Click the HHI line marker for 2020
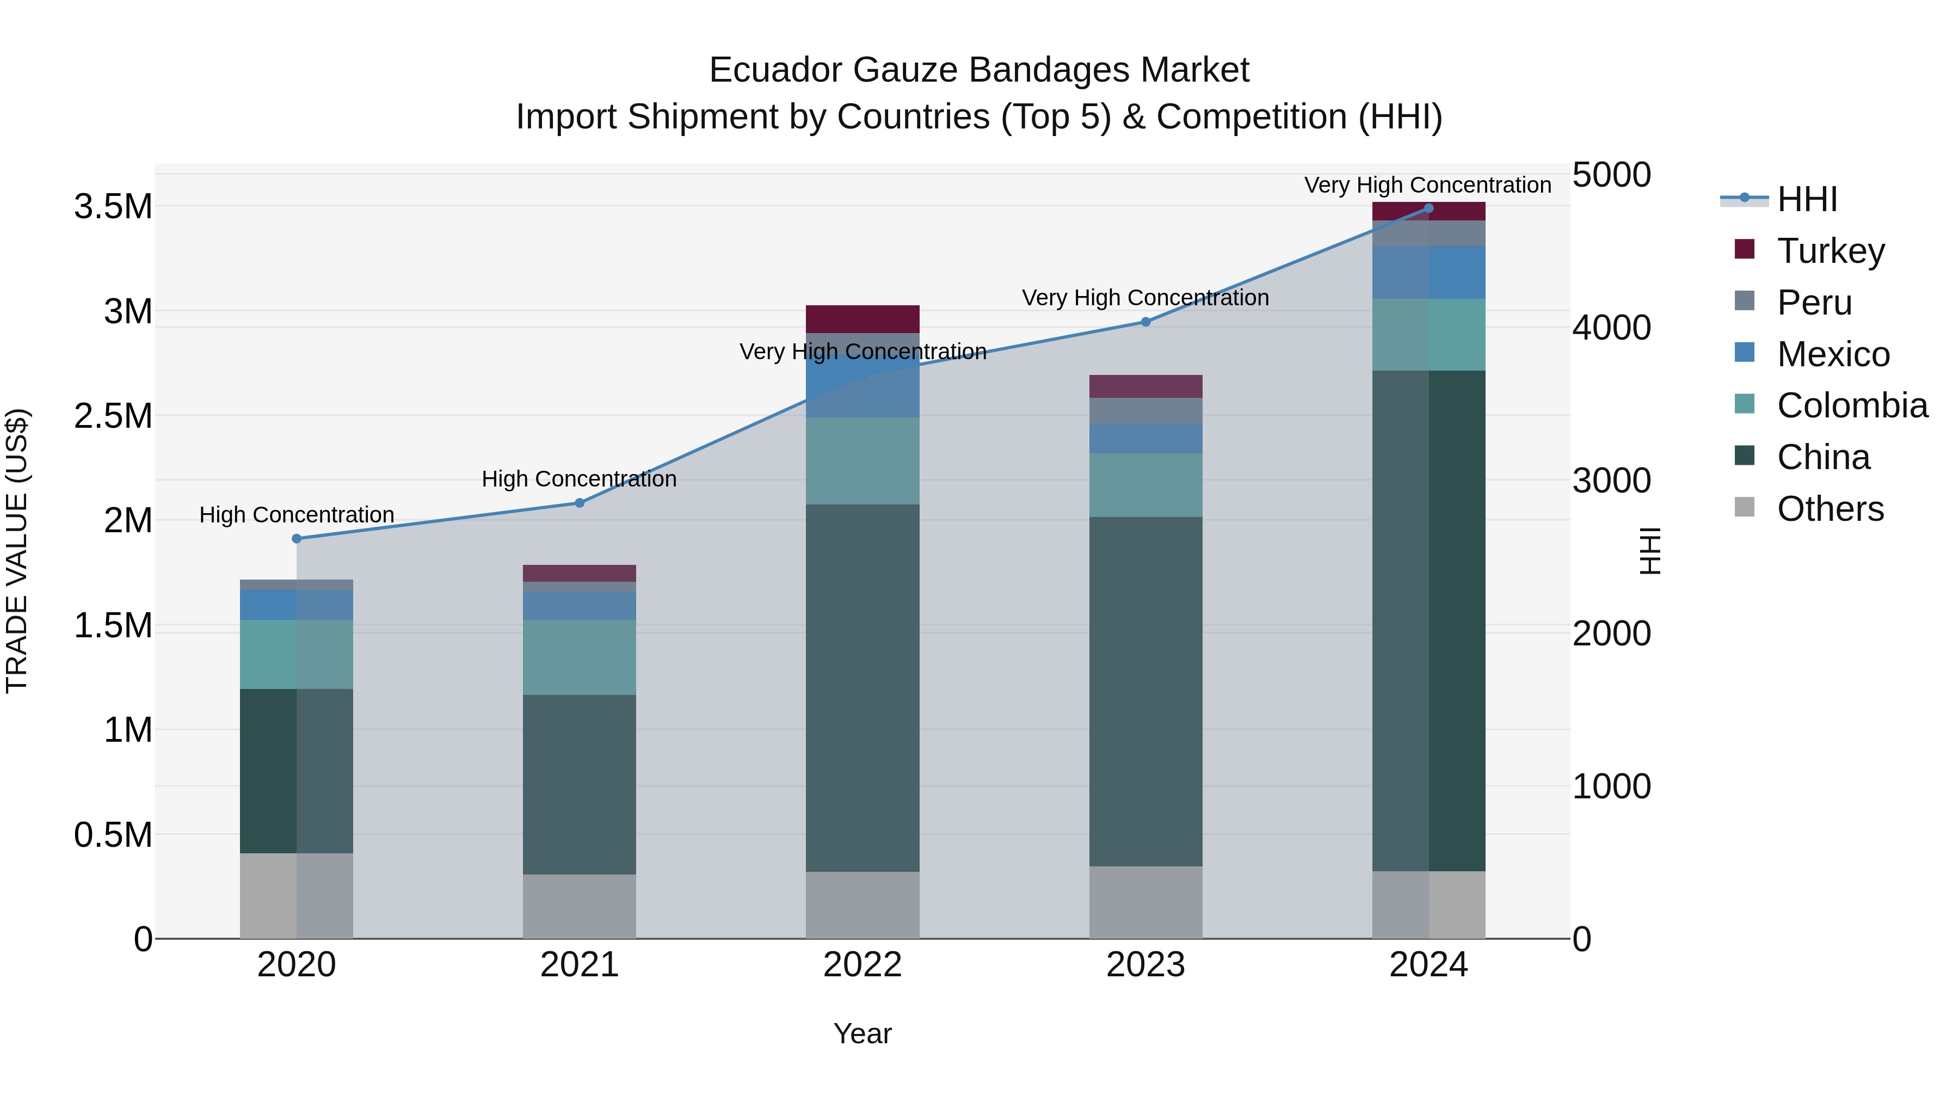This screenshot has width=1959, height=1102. click(297, 538)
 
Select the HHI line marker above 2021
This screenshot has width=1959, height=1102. click(580, 503)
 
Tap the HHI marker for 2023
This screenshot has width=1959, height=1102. click(1145, 322)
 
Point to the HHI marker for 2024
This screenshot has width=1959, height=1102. click(1428, 208)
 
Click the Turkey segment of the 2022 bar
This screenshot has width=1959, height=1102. click(863, 319)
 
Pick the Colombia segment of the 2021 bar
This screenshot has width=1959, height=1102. click(580, 657)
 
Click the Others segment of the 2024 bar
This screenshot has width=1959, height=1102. click(1428, 904)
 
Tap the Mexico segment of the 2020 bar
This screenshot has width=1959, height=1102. click(297, 605)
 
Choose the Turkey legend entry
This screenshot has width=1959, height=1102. click(1831, 251)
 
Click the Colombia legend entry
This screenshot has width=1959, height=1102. click(1852, 405)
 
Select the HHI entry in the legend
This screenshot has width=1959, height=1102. click(1807, 199)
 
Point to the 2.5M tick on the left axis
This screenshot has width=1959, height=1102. click(113, 416)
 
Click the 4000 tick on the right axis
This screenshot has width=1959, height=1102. click(1611, 328)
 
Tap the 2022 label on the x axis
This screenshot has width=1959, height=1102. click(863, 965)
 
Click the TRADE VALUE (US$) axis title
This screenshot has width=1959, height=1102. click(17, 551)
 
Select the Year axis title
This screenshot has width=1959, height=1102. click(863, 1033)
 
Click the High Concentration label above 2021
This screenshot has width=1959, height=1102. click(580, 479)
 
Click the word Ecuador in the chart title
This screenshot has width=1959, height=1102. click(775, 70)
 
